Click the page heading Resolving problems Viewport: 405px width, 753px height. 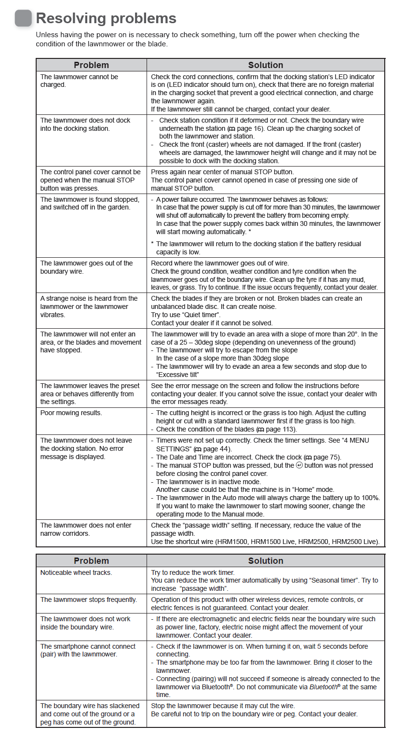pyautogui.click(x=106, y=18)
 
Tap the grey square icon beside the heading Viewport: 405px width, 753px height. pyautogui.click(x=23, y=18)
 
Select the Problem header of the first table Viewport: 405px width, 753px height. pyautogui.click(x=91, y=65)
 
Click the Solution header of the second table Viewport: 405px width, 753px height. pyautogui.click(x=266, y=561)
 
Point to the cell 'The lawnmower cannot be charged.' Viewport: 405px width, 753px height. pyautogui.click(x=79, y=81)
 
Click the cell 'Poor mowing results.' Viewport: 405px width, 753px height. pyautogui.click(x=71, y=413)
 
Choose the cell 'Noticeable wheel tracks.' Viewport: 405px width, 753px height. pyautogui.click(x=76, y=572)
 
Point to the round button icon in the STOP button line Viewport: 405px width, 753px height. pyautogui.click(x=299, y=465)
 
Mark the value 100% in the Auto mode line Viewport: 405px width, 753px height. pyautogui.click(x=371, y=498)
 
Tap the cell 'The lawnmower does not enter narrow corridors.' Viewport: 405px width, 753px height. pyautogui.click(x=86, y=529)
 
